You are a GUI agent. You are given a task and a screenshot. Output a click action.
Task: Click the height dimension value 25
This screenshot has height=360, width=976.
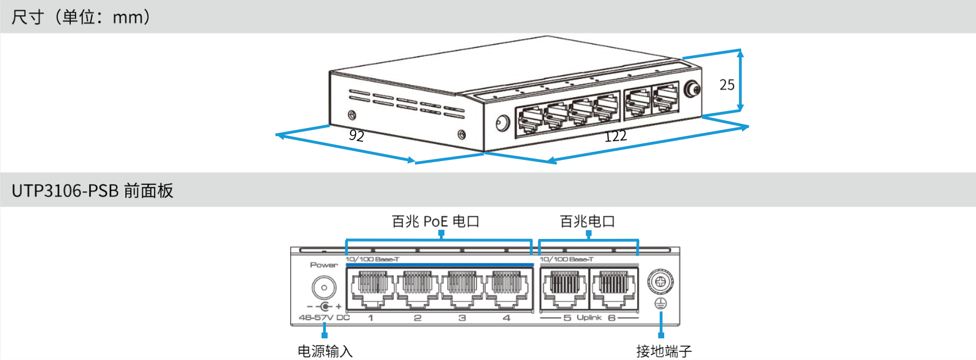click(726, 85)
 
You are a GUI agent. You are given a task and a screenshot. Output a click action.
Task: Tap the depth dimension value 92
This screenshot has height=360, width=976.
click(356, 135)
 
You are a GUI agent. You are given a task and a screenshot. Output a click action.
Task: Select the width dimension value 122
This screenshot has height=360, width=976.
click(615, 136)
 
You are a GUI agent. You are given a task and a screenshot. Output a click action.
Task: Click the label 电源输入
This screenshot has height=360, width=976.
click(325, 351)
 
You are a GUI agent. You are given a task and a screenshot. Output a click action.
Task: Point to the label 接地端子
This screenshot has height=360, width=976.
click(664, 351)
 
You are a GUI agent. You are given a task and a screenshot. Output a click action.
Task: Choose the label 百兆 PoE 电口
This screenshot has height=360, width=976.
click(435, 222)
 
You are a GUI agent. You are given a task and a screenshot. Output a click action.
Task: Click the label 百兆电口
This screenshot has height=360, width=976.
click(587, 222)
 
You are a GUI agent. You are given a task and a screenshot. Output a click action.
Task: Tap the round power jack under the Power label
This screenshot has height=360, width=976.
click(324, 288)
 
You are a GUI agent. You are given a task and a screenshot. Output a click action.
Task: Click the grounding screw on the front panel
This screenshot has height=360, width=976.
click(660, 281)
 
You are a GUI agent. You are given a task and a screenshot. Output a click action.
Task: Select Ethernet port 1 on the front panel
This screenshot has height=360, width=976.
click(372, 289)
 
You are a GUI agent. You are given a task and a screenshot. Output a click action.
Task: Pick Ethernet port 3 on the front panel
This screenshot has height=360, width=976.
click(462, 289)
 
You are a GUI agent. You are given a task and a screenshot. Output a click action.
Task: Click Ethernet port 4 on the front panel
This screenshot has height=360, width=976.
click(507, 289)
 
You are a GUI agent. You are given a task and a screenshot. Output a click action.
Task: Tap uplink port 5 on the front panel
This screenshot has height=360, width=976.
click(564, 289)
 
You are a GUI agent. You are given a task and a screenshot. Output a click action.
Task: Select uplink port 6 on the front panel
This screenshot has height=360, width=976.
click(614, 289)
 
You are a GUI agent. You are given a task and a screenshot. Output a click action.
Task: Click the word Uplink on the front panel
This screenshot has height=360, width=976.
click(589, 317)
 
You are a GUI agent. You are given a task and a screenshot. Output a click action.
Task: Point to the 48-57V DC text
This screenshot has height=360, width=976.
click(324, 318)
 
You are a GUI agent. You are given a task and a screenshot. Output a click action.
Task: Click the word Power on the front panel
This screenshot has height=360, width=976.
click(324, 265)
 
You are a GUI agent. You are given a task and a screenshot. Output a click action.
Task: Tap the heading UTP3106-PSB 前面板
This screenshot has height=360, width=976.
click(92, 191)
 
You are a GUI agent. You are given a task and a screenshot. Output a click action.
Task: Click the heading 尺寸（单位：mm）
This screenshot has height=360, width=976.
click(81, 17)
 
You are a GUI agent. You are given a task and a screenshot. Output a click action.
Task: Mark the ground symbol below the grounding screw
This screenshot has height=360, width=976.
click(660, 304)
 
